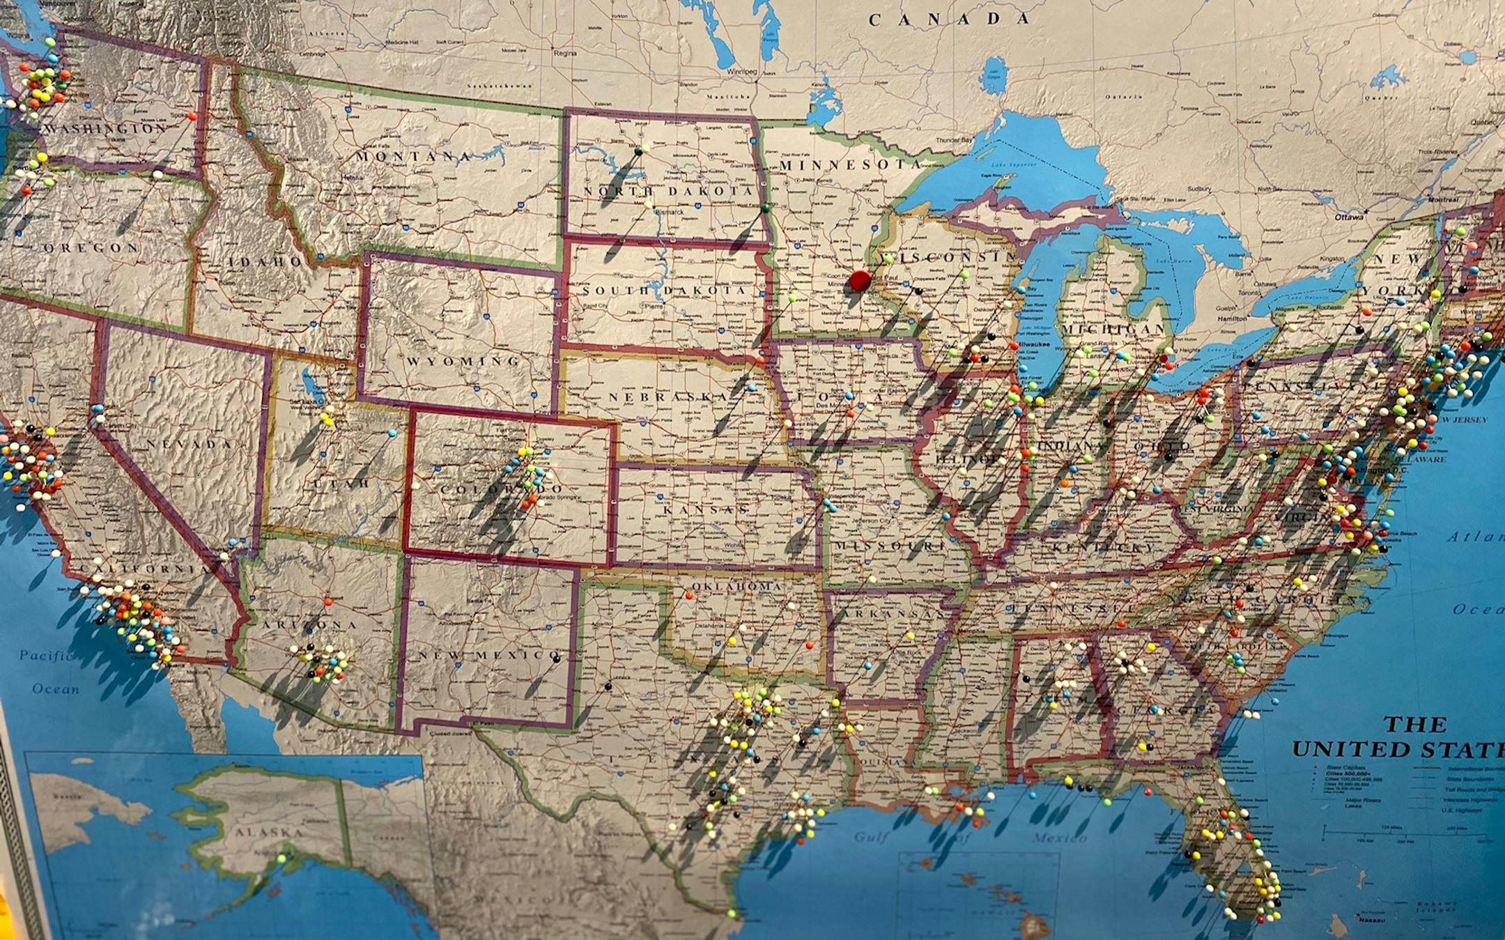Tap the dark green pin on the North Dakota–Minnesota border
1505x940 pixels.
point(764,208)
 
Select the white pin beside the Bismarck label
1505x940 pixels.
point(649,204)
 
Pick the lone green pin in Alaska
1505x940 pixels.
point(281,858)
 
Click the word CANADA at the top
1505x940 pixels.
point(948,20)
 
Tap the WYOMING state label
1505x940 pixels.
point(463,361)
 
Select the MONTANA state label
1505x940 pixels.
point(414,157)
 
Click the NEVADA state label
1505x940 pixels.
point(189,444)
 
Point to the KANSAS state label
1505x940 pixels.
point(705,510)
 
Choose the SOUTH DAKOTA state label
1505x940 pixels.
point(664,290)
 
